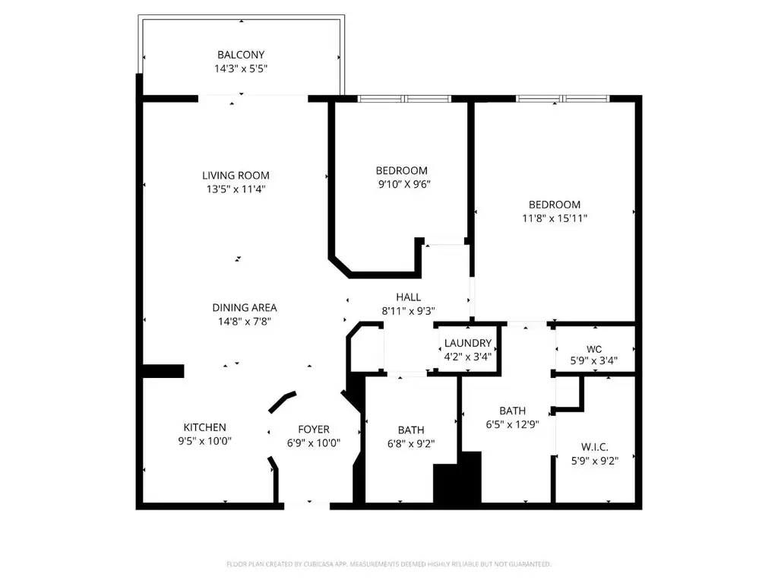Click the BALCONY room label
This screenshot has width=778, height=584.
(241, 55)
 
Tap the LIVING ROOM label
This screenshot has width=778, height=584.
(236, 176)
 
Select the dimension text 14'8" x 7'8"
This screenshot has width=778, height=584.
(245, 322)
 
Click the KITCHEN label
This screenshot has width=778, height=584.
(204, 427)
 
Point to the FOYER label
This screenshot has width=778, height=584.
(314, 429)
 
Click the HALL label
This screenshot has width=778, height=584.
(408, 297)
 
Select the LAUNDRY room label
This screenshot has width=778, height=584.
(468, 343)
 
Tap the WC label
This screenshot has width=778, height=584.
(594, 349)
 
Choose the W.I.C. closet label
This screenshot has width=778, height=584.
(594, 447)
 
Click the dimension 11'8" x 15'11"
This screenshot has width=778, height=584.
(555, 218)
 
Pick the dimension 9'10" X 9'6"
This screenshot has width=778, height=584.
(404, 184)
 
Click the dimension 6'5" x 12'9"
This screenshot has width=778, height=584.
(513, 424)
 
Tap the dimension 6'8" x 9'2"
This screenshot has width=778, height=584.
(411, 443)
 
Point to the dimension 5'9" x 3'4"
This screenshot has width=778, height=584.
(594, 361)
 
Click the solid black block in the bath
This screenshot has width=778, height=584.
(457, 478)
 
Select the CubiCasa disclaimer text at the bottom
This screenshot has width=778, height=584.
(389, 564)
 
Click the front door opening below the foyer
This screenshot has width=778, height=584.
(307, 506)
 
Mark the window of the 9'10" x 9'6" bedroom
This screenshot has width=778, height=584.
(404, 99)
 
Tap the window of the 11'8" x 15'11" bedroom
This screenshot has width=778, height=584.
(563, 99)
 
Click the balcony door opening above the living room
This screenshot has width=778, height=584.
(253, 98)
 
